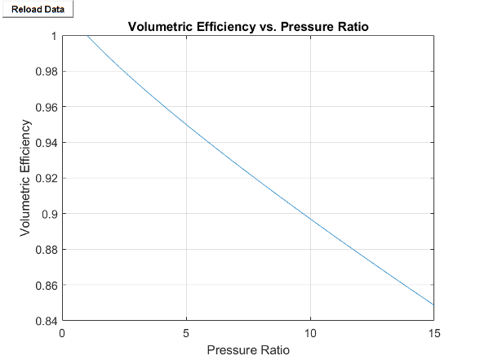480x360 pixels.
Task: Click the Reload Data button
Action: point(38,9)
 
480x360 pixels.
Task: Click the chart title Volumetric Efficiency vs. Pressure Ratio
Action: point(248,27)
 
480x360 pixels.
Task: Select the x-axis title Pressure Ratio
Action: point(248,350)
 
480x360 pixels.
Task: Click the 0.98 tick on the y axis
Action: point(46,72)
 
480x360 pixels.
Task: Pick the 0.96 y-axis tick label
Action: point(46,107)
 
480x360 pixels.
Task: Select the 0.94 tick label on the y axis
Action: point(46,143)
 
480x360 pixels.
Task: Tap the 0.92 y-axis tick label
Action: point(46,178)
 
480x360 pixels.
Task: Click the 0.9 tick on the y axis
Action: point(49,214)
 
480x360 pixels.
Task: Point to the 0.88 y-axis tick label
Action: point(46,250)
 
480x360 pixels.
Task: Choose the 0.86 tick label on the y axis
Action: point(46,285)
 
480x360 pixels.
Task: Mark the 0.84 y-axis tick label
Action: point(46,321)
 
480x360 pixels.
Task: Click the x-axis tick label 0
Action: point(63,332)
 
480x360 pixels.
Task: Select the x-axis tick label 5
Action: point(187,332)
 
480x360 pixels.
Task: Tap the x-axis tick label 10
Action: point(310,332)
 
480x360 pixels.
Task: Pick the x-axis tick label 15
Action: point(433,332)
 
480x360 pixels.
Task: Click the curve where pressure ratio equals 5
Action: point(187,126)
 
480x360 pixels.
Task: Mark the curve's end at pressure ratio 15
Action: point(433,304)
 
